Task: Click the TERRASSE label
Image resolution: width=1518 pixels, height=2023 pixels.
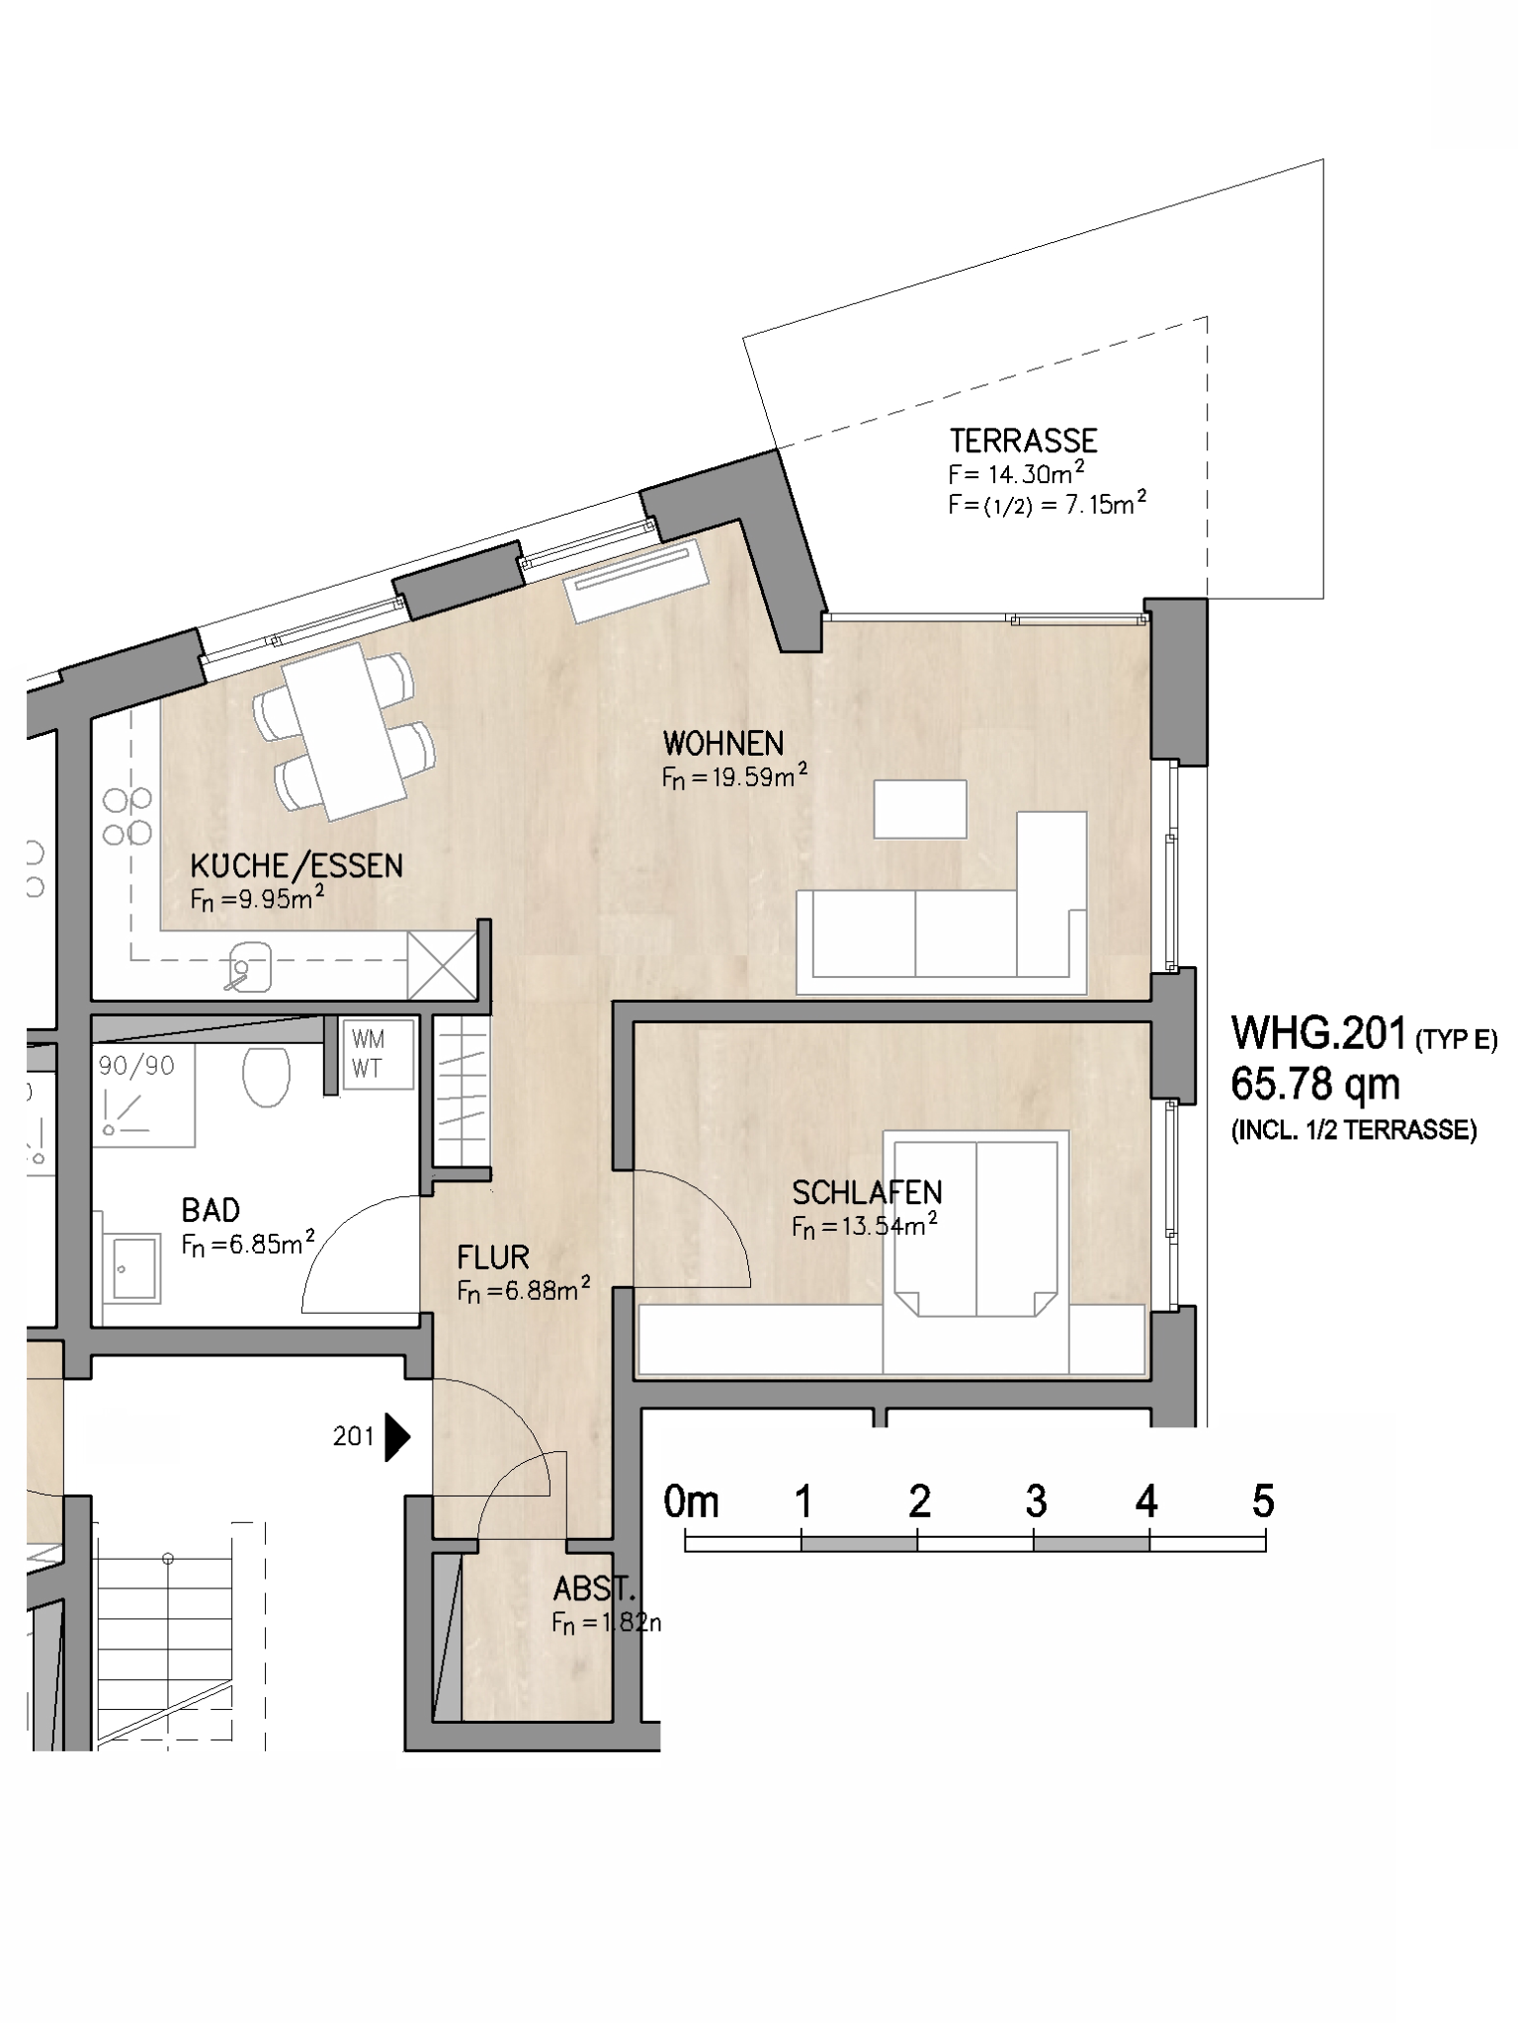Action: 1023,441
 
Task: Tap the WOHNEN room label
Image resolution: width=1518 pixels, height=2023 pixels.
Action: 723,743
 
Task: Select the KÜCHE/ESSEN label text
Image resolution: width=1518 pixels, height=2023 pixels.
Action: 296,866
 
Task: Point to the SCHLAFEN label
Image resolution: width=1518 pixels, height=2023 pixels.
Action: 867,1193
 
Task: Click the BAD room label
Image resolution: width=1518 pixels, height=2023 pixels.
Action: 211,1210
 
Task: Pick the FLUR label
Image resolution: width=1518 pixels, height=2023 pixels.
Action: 493,1257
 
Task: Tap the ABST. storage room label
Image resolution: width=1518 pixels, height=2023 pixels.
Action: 593,1589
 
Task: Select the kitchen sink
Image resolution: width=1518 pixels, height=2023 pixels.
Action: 250,966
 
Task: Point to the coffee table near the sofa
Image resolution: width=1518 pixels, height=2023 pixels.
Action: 920,809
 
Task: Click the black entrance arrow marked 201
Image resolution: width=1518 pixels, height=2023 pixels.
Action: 397,1437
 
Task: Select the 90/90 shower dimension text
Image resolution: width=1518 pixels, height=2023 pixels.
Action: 136,1066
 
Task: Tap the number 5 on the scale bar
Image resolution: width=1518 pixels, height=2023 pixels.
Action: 1263,1501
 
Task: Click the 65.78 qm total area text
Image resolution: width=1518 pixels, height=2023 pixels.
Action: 1314,1084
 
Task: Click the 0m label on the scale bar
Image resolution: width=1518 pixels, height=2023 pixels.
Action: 692,1501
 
